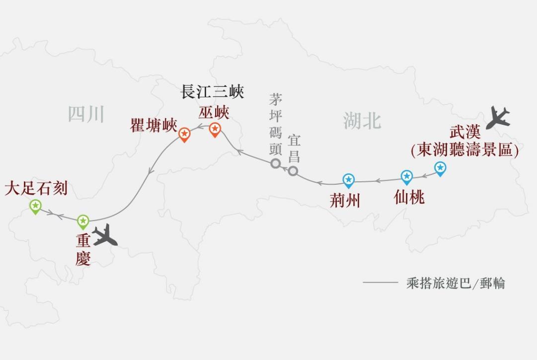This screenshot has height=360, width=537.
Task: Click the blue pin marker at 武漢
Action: point(440,168)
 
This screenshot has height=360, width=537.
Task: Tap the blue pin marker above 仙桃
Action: point(407,177)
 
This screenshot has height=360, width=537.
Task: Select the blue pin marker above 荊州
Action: point(349,180)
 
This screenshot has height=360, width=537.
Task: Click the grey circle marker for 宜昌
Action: point(294,171)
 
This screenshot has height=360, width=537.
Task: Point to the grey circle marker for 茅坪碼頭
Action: point(276,163)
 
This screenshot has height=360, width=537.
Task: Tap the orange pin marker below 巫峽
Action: point(215,130)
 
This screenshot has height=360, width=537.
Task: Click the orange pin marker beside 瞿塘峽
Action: point(184,134)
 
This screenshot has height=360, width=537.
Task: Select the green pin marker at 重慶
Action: point(83,221)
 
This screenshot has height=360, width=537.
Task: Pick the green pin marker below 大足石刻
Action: point(35,206)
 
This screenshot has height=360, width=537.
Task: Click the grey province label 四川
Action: point(86,115)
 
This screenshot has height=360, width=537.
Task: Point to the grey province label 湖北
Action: point(362,121)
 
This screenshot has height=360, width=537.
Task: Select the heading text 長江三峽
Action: point(212,93)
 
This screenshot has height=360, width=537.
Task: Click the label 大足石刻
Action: point(36,189)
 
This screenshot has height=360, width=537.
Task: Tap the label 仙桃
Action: point(409,198)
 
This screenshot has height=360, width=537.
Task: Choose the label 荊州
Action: point(345,201)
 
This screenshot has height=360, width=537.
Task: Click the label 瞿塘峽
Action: point(153,126)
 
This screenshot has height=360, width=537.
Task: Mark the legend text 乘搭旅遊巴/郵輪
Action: point(456,284)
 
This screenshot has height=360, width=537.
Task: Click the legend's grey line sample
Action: point(380,283)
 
